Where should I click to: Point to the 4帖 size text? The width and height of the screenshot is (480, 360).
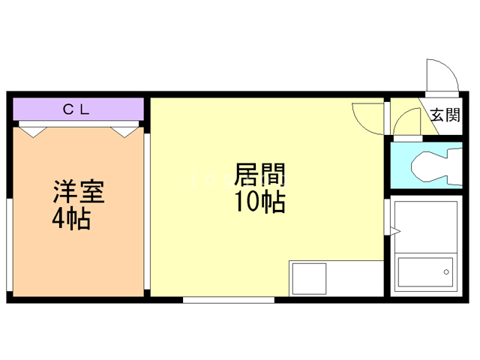tap(73, 220)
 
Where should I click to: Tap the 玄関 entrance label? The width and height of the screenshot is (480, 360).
tap(445, 115)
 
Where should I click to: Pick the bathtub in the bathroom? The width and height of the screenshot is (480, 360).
tap(424, 274)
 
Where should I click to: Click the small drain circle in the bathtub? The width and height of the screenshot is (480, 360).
tap(447, 272)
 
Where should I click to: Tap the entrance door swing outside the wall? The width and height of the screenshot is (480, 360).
tap(440, 76)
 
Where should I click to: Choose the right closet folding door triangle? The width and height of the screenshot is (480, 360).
tap(125, 130)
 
